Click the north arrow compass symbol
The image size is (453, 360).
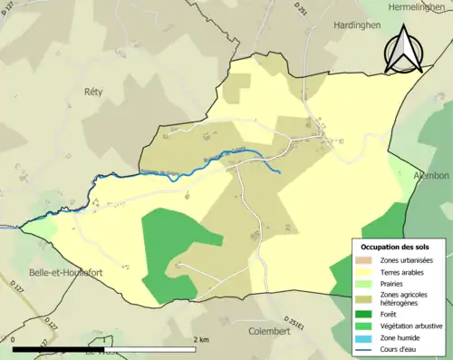tap(403, 49)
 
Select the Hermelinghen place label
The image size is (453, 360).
tap(419, 6)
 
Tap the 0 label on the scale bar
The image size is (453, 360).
tap(14, 340)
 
